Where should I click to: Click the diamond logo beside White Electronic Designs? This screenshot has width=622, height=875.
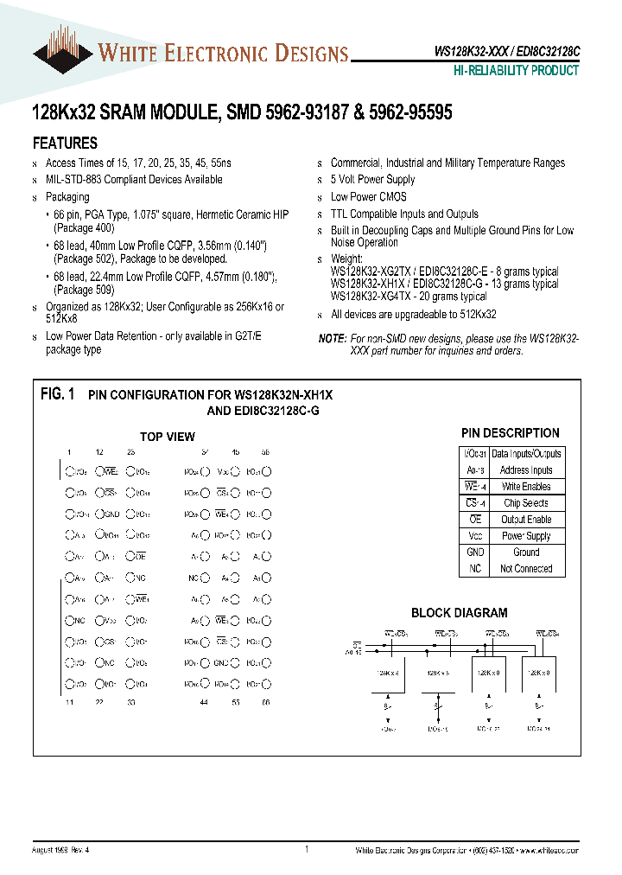62,53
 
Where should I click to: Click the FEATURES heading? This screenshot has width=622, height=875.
65,144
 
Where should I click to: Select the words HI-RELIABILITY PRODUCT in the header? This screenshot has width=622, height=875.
517,71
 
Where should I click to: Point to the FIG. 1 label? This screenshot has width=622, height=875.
58,394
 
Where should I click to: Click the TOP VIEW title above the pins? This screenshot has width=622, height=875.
168,437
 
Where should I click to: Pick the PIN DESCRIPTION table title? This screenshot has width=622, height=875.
510,433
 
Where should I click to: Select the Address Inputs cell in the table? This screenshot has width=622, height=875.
526,470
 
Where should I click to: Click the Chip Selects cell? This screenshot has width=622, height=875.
526,503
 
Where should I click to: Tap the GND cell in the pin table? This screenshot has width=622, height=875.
475,552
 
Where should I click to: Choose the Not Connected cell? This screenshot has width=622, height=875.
526,569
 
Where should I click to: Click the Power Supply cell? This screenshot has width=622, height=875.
526,536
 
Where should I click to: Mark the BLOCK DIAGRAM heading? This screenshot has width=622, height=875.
459,613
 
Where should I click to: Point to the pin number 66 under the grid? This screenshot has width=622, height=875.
265,703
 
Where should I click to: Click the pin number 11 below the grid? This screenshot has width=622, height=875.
68,703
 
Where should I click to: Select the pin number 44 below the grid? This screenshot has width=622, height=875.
204,703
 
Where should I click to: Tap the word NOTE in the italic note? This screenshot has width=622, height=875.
332,339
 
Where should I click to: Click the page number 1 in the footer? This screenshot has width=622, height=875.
307,850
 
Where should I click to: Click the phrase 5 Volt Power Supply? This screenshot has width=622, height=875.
372,180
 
